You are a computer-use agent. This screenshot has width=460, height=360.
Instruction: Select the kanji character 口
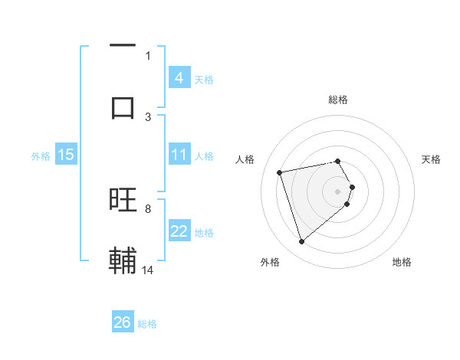123,106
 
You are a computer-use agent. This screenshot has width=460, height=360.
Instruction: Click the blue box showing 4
179,78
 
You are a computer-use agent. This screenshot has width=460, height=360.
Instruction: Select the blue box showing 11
179,155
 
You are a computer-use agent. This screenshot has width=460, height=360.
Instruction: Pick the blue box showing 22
179,232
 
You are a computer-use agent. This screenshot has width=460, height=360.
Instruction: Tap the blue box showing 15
66,155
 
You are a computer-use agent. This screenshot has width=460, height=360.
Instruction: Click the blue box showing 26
123,323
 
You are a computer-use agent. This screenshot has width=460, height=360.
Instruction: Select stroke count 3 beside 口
148,116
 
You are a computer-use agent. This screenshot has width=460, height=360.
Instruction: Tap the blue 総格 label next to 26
147,324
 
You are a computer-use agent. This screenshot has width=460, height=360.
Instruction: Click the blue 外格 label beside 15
41,156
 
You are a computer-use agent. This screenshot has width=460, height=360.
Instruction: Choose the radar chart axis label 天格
432,159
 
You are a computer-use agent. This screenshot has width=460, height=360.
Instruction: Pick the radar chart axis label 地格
402,262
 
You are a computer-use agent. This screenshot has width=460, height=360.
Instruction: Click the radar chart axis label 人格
245,159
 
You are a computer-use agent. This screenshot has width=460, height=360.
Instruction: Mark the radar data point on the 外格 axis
301,242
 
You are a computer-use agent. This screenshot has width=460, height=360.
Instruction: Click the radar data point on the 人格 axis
280,172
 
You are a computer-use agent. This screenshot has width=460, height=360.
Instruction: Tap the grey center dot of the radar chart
338,191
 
